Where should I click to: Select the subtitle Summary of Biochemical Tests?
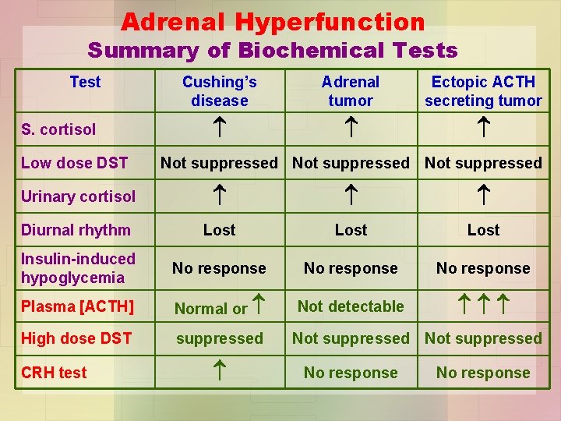tap(273, 51)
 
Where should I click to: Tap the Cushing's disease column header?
tap(219, 91)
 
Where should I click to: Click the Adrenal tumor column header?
tap(351, 91)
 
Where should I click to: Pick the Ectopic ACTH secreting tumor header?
tap(483, 91)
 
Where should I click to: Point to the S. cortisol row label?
tap(58, 129)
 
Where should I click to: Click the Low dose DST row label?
tap(75, 163)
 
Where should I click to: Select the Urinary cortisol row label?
tap(78, 196)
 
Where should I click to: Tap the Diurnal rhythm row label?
tap(76, 230)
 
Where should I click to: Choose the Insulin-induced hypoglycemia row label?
tap(78, 268)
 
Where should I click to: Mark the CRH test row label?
tap(54, 373)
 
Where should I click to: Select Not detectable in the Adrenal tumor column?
tap(351, 306)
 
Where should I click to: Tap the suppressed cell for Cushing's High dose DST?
tap(219, 338)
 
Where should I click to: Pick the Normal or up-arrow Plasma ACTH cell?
tap(219, 308)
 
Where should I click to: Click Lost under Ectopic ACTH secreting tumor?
tap(483, 230)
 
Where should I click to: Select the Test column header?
tap(85, 82)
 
